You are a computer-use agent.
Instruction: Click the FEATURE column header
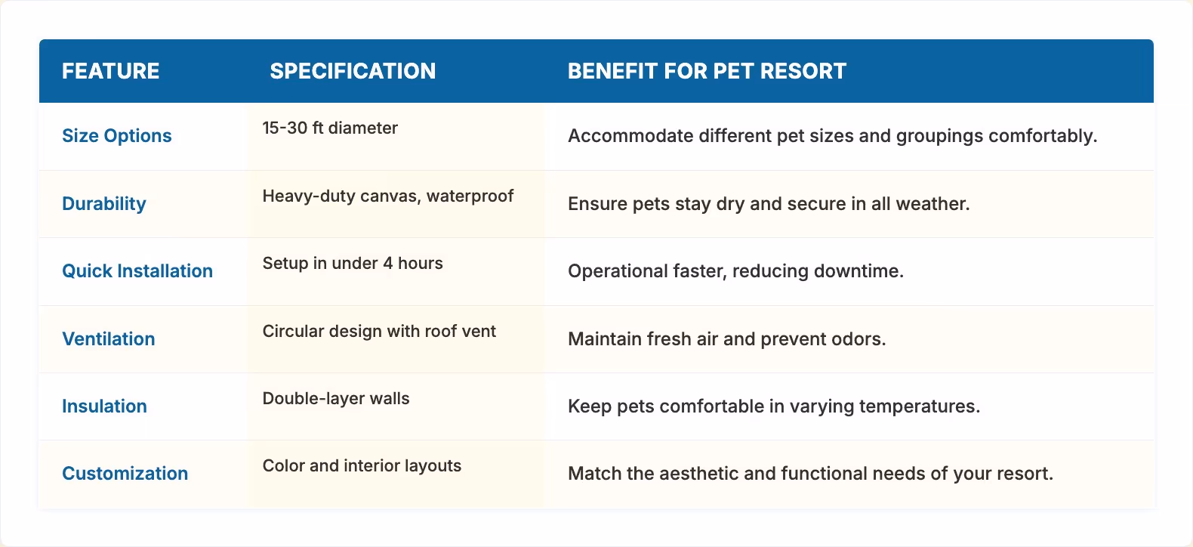coord(110,71)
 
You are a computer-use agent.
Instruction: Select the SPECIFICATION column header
coord(353,71)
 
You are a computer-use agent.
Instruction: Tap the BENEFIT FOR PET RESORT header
coord(707,71)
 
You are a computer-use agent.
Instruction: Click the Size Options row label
coord(117,136)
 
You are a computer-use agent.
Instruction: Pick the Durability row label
coord(104,204)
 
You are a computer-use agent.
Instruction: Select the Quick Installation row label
coord(137,271)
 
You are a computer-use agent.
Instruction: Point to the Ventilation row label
coord(109,339)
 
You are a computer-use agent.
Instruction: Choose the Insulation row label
coord(104,406)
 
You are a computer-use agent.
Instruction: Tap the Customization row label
coord(125,474)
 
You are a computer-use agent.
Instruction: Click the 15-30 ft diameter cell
coord(330,128)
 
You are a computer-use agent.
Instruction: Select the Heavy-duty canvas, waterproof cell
coord(388,196)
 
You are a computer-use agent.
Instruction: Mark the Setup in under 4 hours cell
coord(353,264)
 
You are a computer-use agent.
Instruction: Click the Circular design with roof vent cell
coord(379,332)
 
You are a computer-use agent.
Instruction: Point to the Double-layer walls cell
coord(336,399)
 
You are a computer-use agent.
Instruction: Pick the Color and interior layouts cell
coord(362,466)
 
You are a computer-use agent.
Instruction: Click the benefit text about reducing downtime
coord(735,271)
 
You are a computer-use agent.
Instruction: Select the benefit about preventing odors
coord(726,339)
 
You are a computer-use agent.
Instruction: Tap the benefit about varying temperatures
coord(774,406)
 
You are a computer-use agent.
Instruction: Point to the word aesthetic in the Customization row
coord(698,474)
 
